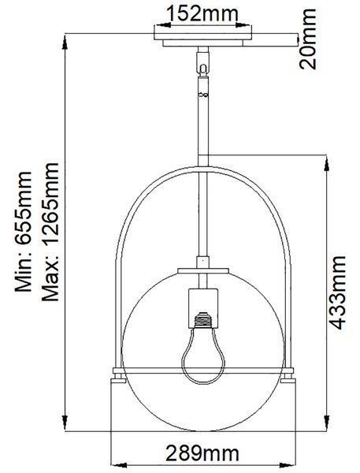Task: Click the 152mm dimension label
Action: (x=202, y=14)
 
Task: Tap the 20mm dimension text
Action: (x=307, y=39)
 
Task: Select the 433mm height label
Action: (x=337, y=292)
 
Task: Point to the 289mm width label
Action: (x=202, y=453)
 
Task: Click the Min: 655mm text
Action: (x=23, y=232)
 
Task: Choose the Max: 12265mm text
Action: (x=50, y=232)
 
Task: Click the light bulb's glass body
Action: (x=203, y=356)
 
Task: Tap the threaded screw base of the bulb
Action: (x=203, y=320)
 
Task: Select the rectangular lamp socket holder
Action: (x=203, y=308)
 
